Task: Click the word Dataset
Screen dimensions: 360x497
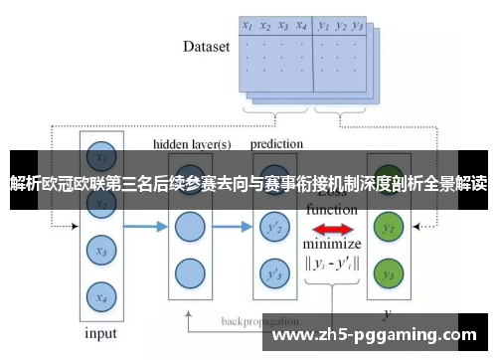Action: click(206, 46)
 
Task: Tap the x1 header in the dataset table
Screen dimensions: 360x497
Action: click(247, 26)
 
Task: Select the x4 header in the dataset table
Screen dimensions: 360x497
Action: click(301, 26)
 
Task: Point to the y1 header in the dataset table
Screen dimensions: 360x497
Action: click(323, 26)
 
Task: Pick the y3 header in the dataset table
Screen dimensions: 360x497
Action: click(358, 26)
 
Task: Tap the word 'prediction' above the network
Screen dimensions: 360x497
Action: click(276, 143)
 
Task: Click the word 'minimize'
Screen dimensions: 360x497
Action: click(332, 245)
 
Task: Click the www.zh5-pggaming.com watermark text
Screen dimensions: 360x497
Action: click(382, 334)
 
